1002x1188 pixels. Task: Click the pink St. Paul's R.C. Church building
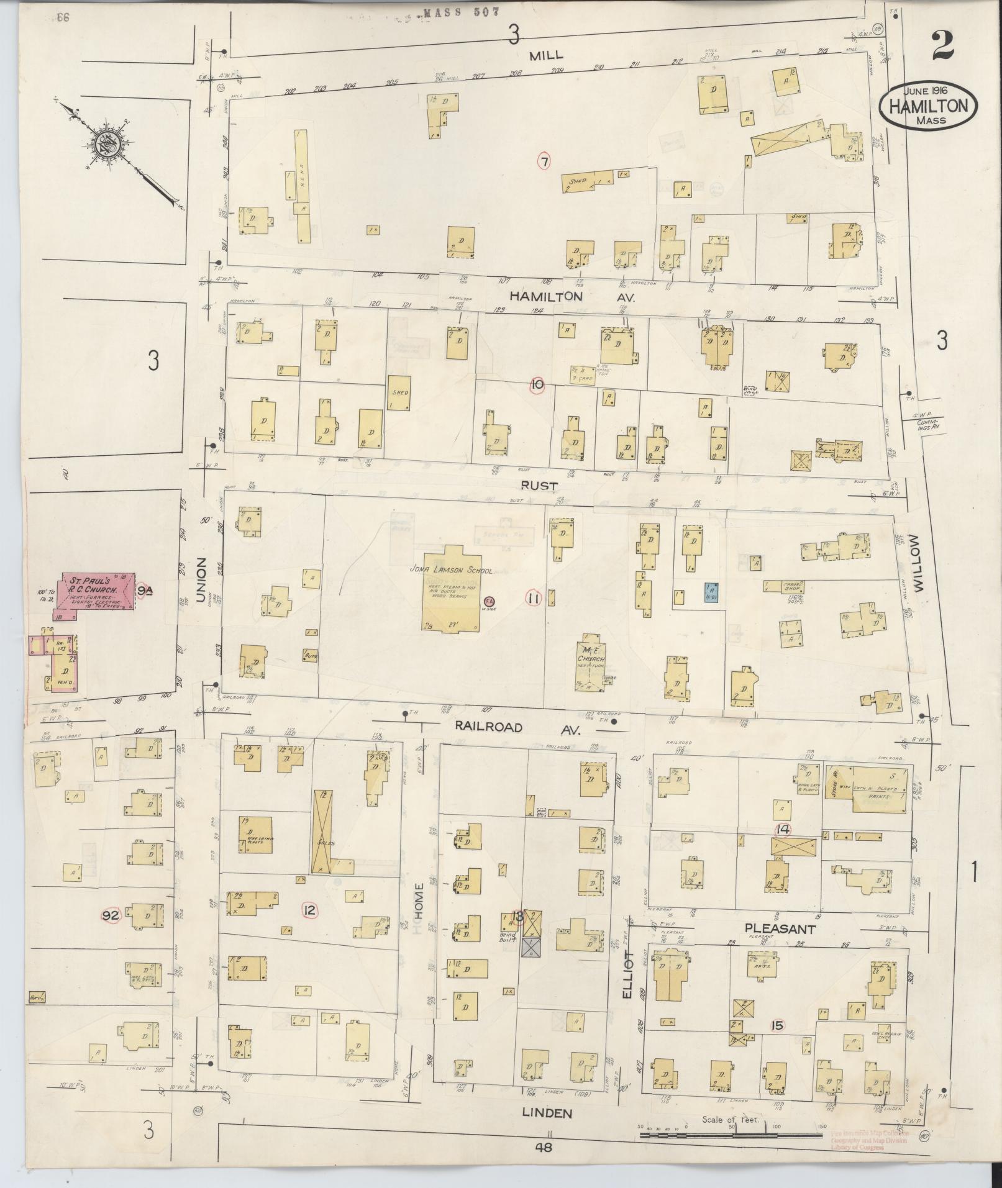coord(96,591)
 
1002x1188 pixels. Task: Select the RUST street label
coord(539,485)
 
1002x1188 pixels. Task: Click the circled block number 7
coord(544,161)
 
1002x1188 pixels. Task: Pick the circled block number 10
coord(536,385)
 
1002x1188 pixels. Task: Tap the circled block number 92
coord(111,915)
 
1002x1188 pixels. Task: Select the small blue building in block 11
coord(711,593)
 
